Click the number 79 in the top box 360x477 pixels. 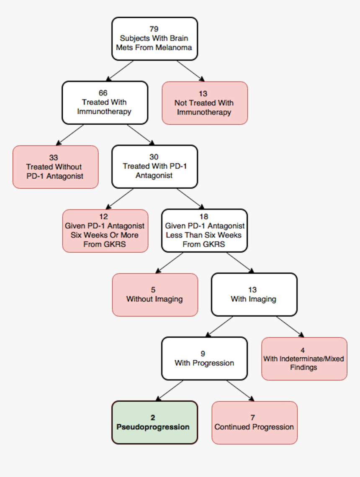(x=154, y=29)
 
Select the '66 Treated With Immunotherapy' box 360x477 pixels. (x=105, y=103)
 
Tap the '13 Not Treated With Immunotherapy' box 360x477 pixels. (x=204, y=103)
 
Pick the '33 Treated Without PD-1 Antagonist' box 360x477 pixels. (x=55, y=167)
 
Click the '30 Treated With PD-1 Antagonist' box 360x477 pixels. (x=154, y=167)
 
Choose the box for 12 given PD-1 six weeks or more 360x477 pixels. (x=105, y=231)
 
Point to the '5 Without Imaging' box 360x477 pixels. (x=154, y=295)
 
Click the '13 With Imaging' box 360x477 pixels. (x=254, y=295)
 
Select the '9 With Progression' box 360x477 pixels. (x=204, y=359)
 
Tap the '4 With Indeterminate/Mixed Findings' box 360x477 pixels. (x=304, y=359)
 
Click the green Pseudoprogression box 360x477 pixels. (x=154, y=423)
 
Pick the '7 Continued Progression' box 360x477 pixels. (x=254, y=423)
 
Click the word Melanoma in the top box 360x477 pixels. (x=174, y=47)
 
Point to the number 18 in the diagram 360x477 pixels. (x=204, y=217)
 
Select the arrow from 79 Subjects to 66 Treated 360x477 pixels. (x=120, y=71)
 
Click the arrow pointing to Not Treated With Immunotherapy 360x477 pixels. (x=190, y=71)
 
